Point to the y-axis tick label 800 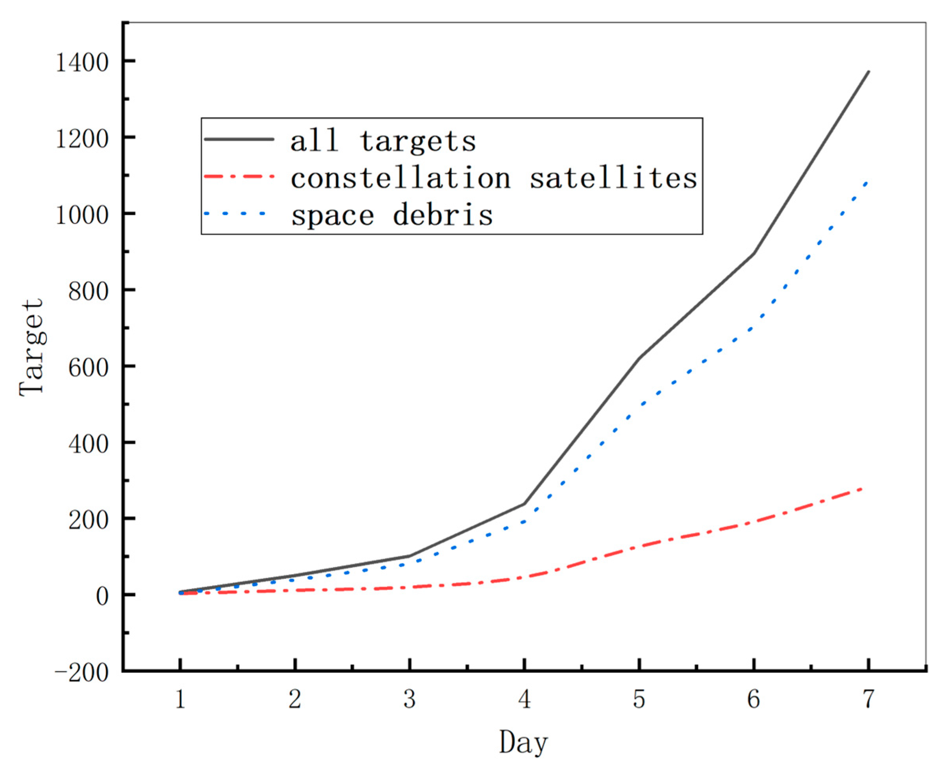click(89, 292)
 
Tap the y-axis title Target click(32, 347)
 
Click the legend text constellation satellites click(493, 179)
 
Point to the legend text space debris click(392, 215)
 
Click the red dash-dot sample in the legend click(239, 177)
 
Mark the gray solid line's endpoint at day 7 click(869, 71)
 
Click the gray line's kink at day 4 click(524, 504)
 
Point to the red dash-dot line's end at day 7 click(863, 489)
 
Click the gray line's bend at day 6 click(754, 253)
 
